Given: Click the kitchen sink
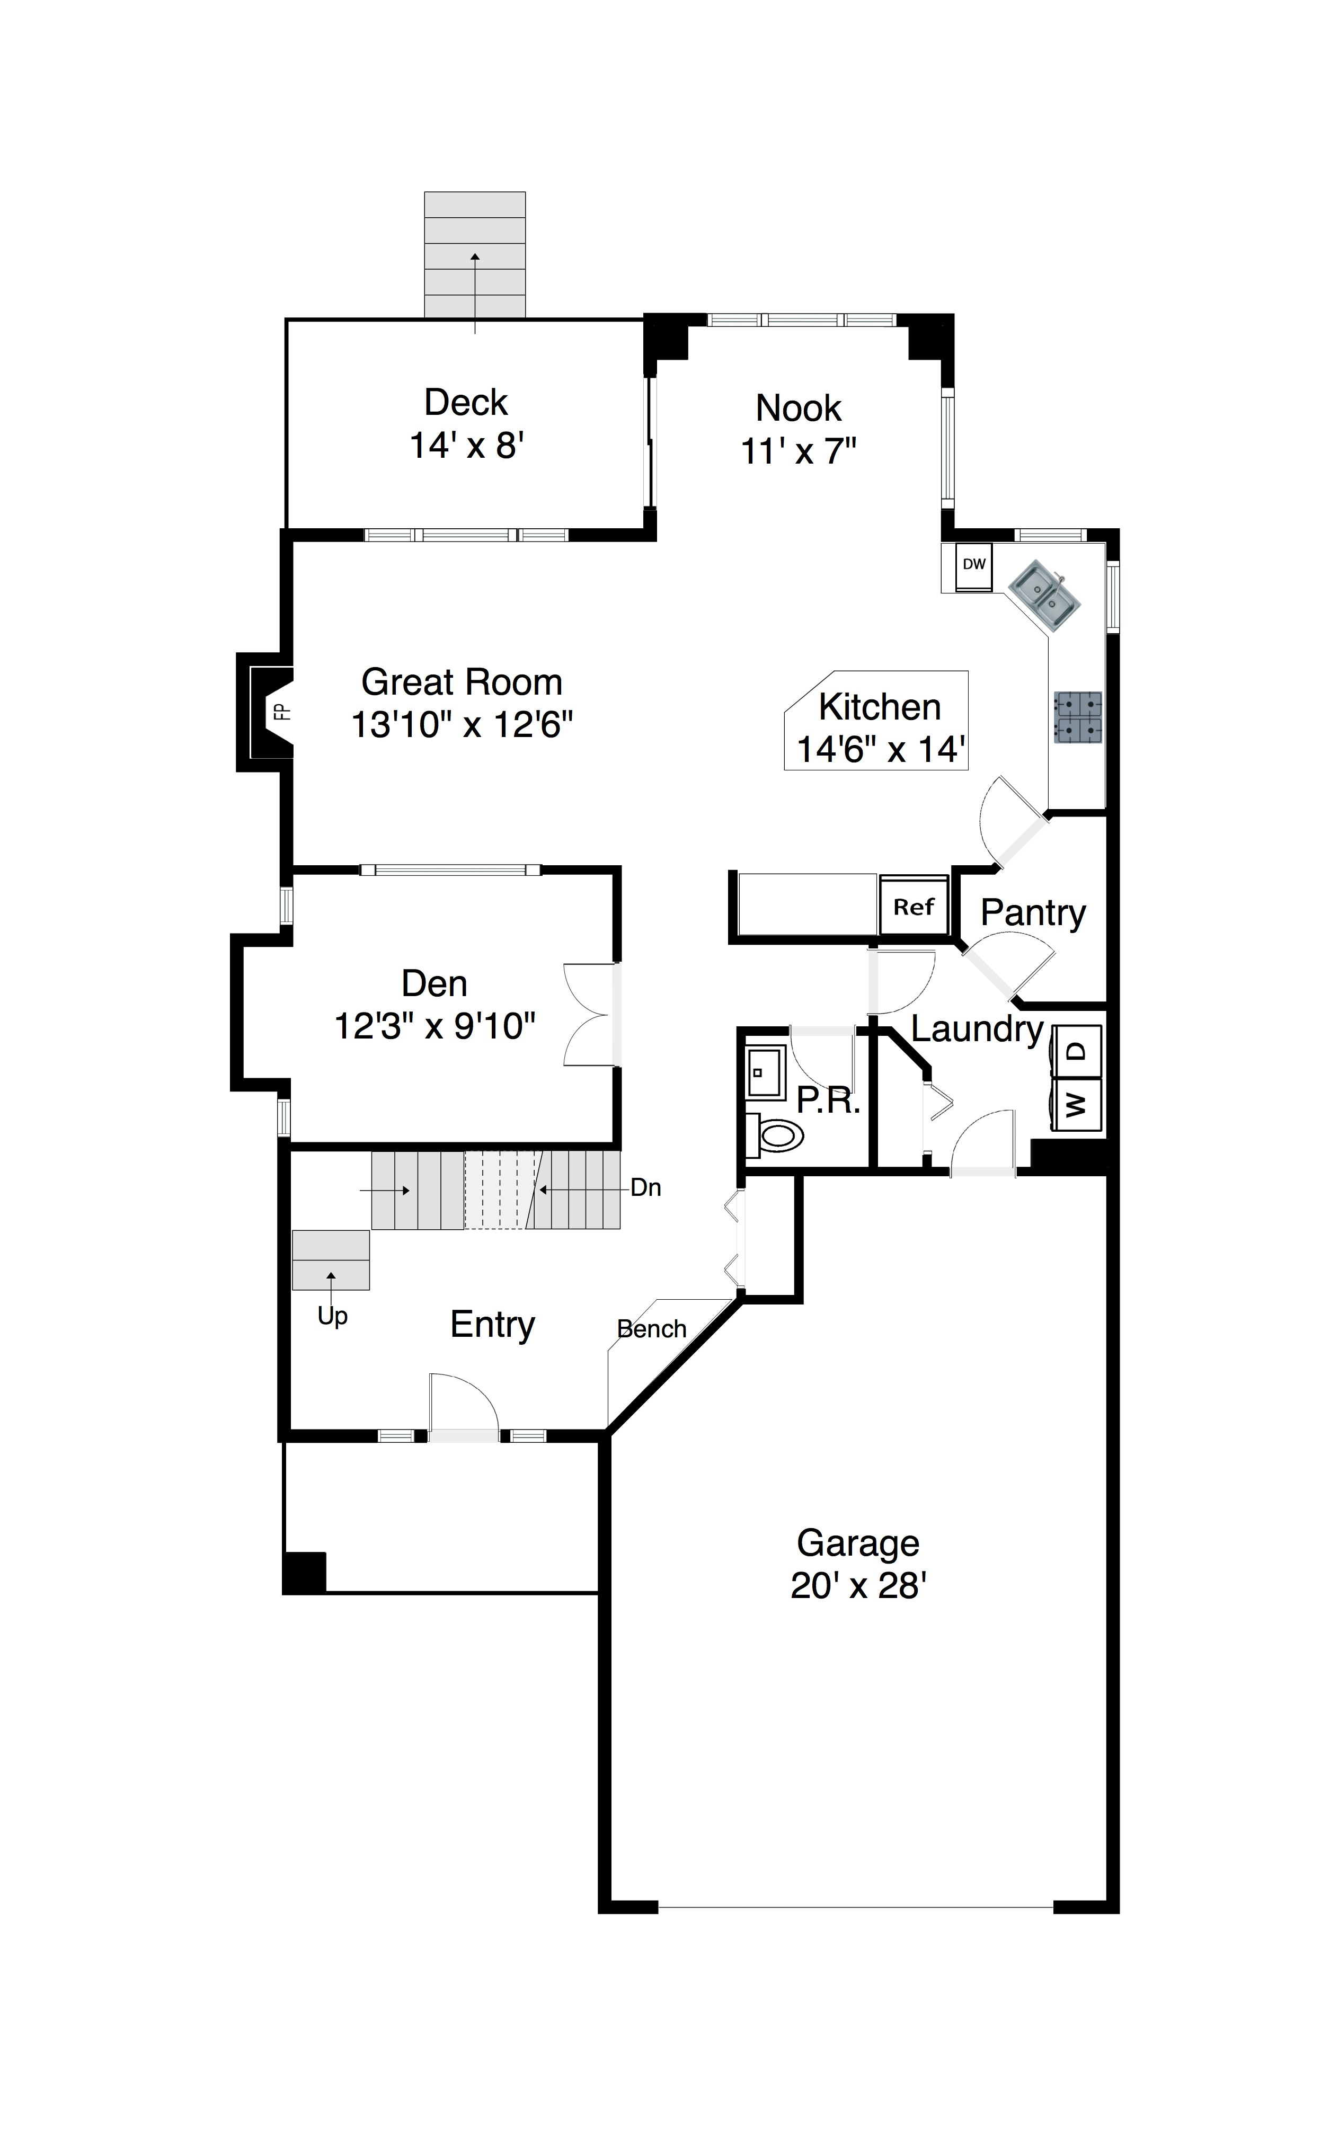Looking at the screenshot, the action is tap(1044, 596).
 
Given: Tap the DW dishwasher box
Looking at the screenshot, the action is tap(974, 565).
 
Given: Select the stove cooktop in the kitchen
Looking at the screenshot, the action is tap(1078, 718).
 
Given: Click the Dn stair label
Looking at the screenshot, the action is tap(645, 1188).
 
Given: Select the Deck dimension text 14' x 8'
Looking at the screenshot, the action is tap(467, 446).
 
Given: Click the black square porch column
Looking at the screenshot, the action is tap(304, 1573).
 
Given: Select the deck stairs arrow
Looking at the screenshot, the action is tap(475, 293).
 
